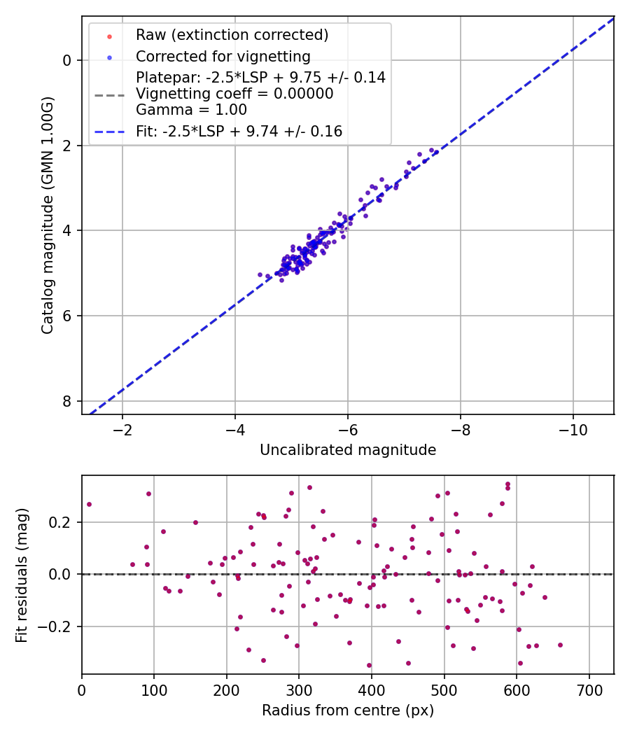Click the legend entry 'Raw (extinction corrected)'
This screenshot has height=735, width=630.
[x=232, y=34]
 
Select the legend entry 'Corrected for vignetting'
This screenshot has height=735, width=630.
[x=223, y=56]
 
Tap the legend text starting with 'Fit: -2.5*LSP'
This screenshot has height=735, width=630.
[x=239, y=131]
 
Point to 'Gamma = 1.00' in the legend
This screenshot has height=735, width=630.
[x=191, y=109]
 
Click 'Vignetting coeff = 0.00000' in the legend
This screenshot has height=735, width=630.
[x=234, y=93]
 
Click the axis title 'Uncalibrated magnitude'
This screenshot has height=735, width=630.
[x=348, y=450]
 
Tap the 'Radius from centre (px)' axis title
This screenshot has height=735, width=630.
[x=348, y=710]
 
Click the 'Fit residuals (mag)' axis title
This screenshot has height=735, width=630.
[x=22, y=575]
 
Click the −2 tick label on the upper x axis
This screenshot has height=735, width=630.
[x=122, y=428]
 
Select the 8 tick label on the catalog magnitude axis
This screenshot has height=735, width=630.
[x=67, y=401]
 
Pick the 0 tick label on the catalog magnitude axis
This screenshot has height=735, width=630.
[x=67, y=60]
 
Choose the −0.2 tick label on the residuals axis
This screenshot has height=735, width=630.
[x=58, y=626]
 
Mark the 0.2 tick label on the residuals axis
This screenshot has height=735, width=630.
[x=62, y=522]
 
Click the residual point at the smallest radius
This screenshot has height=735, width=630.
[x=89, y=504]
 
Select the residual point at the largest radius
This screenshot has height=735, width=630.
[x=560, y=645]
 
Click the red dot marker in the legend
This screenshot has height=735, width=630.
[x=109, y=35]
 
